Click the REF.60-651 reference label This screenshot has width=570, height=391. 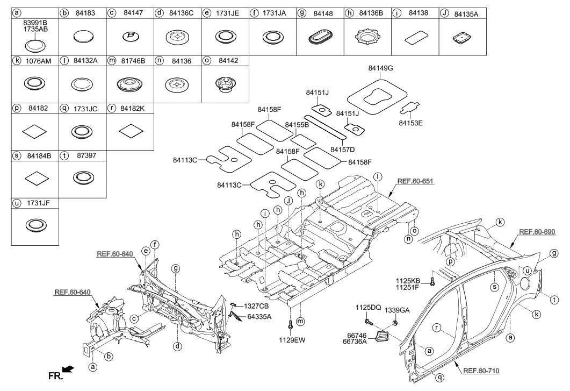point(415,181)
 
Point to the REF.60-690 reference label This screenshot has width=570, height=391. point(537,231)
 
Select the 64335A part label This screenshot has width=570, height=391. point(259,316)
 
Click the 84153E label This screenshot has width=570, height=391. point(410,123)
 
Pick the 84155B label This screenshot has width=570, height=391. point(297,124)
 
